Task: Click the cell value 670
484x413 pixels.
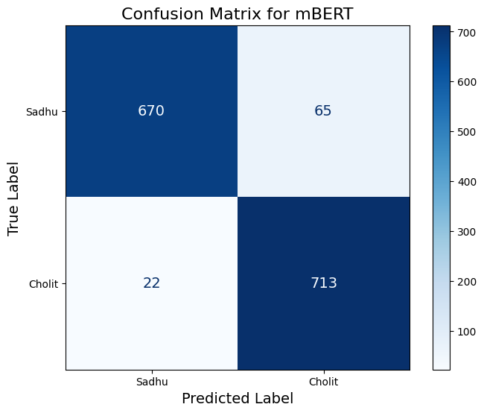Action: [x=151, y=111]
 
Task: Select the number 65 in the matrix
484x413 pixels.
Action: [x=322, y=111]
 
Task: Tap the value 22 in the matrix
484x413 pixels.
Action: [x=151, y=283]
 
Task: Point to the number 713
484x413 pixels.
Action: [x=324, y=283]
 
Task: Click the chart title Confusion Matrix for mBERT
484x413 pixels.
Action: [x=237, y=13]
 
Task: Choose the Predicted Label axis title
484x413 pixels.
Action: [x=237, y=399]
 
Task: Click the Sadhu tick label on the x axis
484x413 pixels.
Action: [x=151, y=381]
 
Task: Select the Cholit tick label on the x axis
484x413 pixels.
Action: [x=323, y=381]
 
